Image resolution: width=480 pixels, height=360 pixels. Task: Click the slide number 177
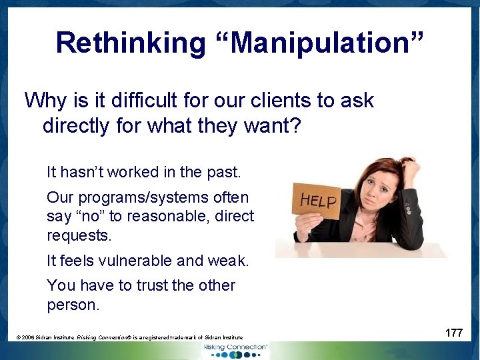click(x=454, y=333)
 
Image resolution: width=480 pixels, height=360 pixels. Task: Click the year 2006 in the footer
click(x=29, y=338)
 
